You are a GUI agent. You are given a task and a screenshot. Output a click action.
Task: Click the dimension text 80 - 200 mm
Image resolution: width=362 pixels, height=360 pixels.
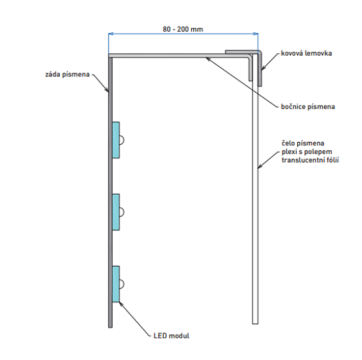[183, 29]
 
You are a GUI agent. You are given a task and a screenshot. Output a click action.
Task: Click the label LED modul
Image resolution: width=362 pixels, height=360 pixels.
[171, 336]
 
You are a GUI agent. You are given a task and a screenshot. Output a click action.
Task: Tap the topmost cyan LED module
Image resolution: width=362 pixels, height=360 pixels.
[116, 140]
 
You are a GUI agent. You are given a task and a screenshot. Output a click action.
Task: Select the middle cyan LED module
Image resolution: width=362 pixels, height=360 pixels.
[116, 212]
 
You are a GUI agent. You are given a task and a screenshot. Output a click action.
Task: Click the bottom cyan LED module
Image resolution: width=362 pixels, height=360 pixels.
[116, 284]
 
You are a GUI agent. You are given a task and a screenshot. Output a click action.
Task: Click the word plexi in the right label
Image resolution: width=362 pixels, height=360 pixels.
[289, 151]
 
